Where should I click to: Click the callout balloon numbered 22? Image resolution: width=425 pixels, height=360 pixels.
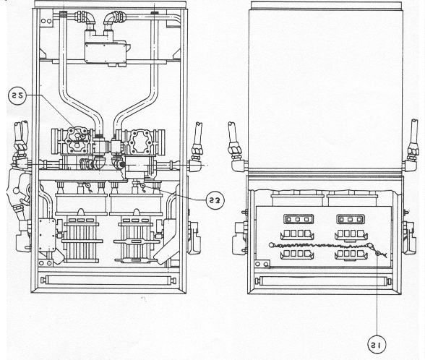[x=17, y=95]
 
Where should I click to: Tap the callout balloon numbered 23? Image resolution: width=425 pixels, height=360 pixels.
[x=215, y=200]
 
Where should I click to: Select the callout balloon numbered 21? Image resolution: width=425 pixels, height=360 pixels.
[x=376, y=345]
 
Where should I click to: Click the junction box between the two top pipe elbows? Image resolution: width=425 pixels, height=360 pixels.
[x=106, y=52]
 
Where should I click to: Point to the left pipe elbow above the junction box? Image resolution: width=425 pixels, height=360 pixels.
[x=87, y=18]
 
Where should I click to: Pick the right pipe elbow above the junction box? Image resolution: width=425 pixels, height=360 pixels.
[x=114, y=18]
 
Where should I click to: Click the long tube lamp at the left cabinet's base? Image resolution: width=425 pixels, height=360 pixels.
[x=108, y=280]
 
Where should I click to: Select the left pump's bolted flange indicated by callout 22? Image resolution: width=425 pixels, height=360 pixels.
[x=77, y=140]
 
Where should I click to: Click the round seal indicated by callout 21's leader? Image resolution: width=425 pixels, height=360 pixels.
[x=377, y=254]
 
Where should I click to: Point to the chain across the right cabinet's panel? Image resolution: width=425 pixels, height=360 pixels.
[x=320, y=246]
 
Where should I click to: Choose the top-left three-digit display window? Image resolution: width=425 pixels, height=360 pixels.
[x=298, y=219]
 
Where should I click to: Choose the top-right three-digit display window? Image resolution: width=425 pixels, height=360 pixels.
[x=351, y=219]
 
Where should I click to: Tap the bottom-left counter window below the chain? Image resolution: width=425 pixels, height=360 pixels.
[x=297, y=254]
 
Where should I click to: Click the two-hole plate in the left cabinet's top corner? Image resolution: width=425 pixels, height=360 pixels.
[x=46, y=21]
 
